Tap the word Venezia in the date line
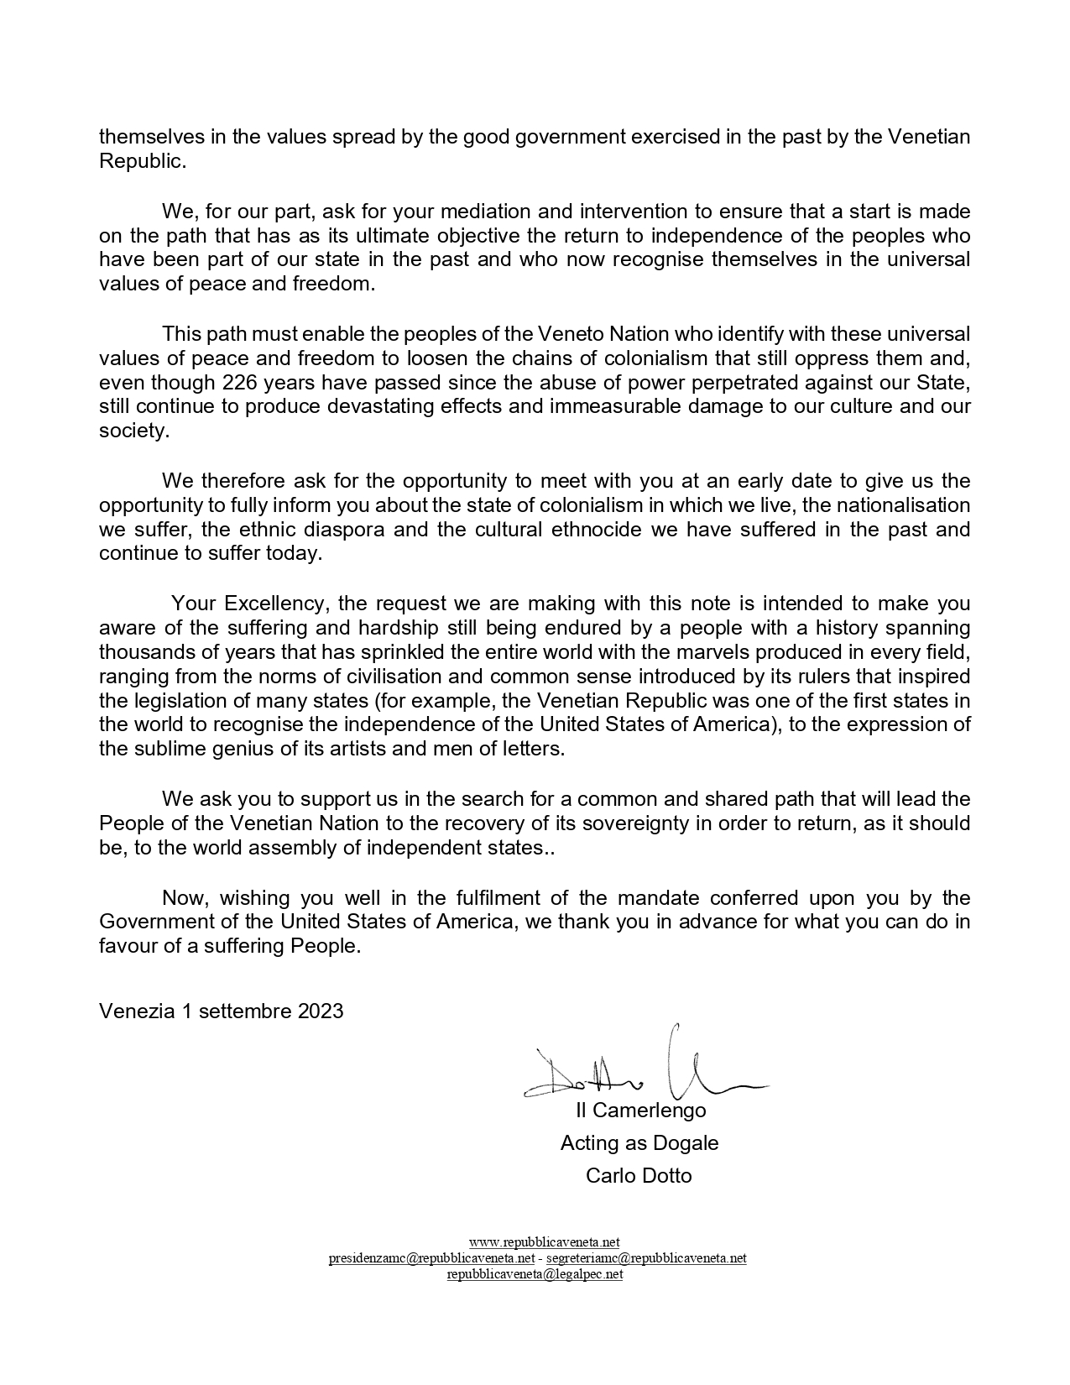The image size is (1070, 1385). click(x=136, y=1011)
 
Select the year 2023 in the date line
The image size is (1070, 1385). click(x=321, y=1011)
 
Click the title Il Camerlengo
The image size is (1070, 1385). click(x=640, y=1111)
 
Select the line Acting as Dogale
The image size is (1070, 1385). click(x=639, y=1143)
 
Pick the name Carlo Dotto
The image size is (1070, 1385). click(x=639, y=1176)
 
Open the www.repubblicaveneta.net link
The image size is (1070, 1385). click(x=544, y=1242)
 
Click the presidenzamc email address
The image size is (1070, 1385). click(x=431, y=1258)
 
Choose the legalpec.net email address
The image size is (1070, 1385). click(x=535, y=1274)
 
